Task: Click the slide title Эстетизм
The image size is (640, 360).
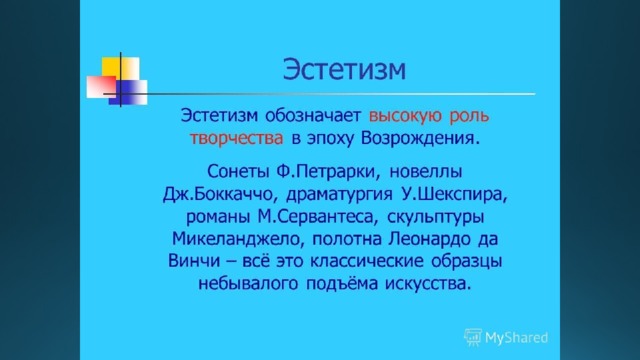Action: [344, 69]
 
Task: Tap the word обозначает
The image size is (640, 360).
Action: [313, 116]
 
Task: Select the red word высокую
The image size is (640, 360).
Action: [405, 117]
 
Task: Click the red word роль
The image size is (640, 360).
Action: [469, 117]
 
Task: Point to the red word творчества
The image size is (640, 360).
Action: [236, 139]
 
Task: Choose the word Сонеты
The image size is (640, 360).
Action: [238, 171]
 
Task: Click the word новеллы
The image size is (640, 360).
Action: [426, 171]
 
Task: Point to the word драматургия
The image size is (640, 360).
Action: [339, 195]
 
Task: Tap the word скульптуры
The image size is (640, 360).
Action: [436, 217]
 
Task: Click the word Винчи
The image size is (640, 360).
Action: [194, 261]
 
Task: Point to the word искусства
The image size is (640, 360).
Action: [428, 283]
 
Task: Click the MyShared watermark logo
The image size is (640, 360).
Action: [506, 338]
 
